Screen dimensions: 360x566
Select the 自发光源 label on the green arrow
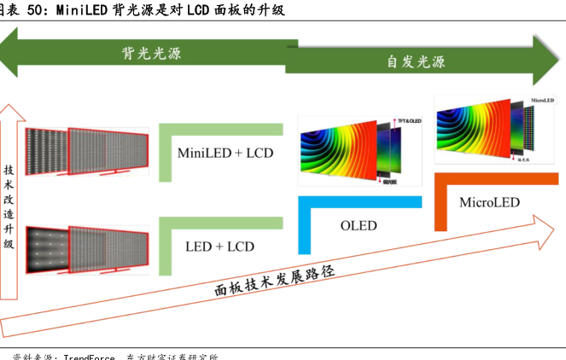(x=416, y=61)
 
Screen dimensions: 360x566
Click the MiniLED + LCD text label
(x=225, y=154)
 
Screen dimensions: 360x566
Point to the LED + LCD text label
(x=219, y=247)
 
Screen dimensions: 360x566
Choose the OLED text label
(x=359, y=226)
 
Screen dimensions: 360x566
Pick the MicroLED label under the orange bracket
(x=489, y=202)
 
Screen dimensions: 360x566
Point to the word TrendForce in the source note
(x=91, y=357)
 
